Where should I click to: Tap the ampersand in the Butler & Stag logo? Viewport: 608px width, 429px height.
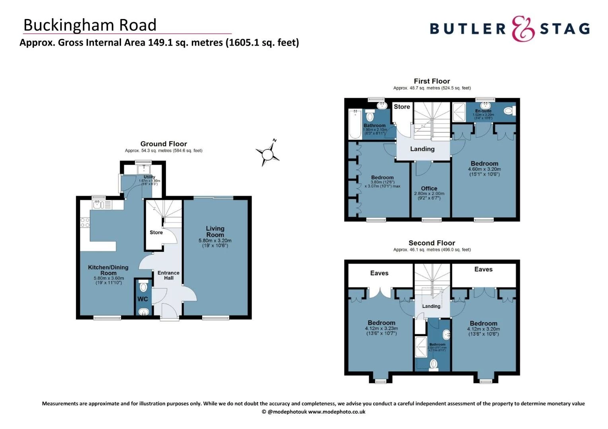tap(522, 29)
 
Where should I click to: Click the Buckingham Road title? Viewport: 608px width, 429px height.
tap(90, 25)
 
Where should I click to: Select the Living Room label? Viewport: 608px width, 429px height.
tap(215, 232)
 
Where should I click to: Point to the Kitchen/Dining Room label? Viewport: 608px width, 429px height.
tap(108, 270)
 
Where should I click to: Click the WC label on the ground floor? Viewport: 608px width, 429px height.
tap(142, 299)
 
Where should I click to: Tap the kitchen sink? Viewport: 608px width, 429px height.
tap(98, 205)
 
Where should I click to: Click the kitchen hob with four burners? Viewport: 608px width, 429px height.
tap(85, 222)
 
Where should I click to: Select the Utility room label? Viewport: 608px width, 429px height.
tap(149, 177)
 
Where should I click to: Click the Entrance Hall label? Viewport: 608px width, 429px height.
tap(168, 275)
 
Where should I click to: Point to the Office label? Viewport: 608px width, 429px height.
tap(429, 188)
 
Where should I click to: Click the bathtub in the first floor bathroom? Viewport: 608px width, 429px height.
tap(354, 124)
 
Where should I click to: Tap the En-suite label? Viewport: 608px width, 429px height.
tap(483, 111)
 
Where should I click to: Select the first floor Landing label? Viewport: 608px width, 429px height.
tap(422, 149)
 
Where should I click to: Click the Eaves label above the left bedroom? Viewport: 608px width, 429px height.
tap(379, 273)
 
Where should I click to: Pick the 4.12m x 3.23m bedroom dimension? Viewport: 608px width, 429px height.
tap(381, 329)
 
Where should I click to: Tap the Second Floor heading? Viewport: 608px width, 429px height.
tap(432, 243)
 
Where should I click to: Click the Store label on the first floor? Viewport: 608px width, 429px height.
tap(402, 106)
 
